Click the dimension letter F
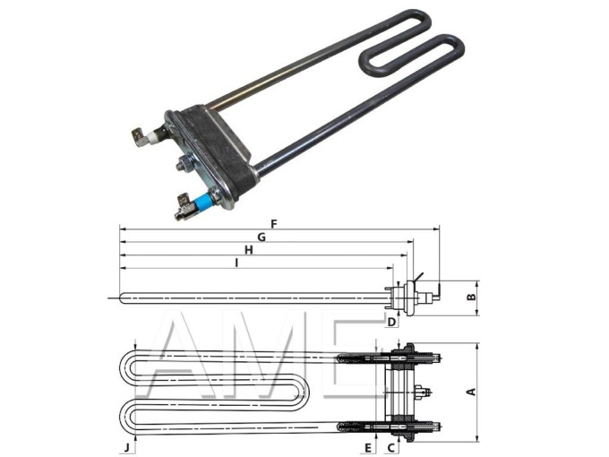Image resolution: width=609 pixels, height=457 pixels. tap(274, 223)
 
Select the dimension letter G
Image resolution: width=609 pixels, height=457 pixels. tap(261, 237)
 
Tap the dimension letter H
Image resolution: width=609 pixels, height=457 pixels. tap(249, 250)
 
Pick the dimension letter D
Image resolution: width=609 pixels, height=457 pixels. tap(392, 320)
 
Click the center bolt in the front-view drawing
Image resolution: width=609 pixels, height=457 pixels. tap(423, 392)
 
